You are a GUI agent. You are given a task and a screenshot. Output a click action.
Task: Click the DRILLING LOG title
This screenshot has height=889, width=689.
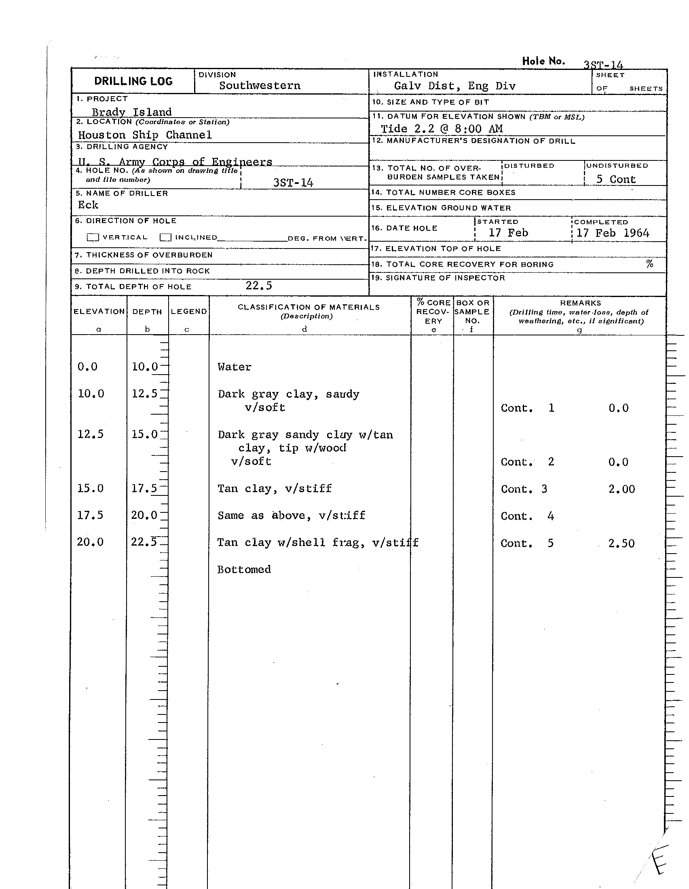coord(133,81)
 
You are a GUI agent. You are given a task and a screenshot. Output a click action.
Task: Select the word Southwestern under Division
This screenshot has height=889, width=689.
coord(260,86)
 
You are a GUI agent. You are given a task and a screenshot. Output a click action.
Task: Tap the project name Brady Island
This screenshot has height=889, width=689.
coord(131,112)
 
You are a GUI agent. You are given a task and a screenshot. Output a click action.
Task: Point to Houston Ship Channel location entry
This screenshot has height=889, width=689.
coord(145,135)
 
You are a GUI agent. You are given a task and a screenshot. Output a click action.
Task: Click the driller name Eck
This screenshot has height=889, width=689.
coord(88,205)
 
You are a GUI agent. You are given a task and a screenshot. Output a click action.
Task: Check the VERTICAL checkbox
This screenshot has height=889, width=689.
coord(93,237)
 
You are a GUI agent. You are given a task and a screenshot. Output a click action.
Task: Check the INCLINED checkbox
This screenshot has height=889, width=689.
coord(165,237)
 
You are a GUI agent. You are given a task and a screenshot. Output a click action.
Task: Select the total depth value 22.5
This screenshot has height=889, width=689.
coord(259,286)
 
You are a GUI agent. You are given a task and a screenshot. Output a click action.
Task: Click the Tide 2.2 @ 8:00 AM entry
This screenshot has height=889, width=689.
coord(442,129)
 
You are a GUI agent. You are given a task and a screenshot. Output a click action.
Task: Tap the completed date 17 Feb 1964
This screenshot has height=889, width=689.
coord(613,233)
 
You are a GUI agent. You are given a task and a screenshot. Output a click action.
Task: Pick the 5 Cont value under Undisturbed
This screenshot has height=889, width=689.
coord(616,179)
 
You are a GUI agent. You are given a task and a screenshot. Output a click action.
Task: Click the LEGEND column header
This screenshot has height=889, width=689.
coord(188,312)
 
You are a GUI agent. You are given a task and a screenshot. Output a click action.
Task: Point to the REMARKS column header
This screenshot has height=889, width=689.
coord(580,303)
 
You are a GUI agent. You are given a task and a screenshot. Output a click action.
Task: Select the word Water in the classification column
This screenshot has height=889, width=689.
coord(234,367)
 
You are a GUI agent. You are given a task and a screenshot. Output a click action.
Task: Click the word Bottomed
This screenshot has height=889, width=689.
coord(243,569)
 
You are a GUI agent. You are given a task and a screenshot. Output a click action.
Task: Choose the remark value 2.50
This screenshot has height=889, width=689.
coord(621,544)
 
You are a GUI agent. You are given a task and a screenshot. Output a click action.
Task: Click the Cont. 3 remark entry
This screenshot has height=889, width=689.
coord(524,489)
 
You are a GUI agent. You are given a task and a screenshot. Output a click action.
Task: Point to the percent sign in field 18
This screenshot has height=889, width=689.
coord(649,264)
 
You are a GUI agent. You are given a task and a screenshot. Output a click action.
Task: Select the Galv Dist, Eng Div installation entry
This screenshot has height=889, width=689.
coord(454,86)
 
